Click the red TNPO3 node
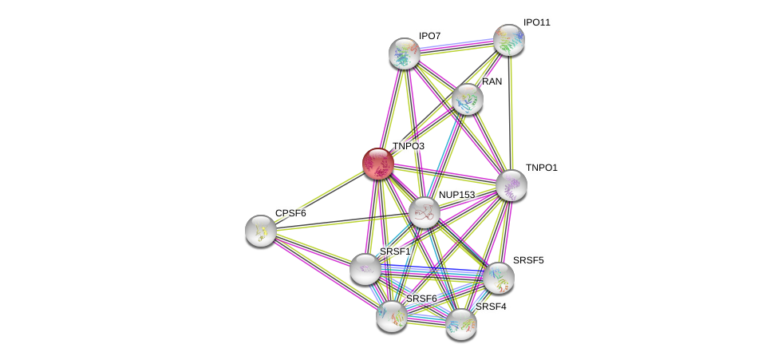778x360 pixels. point(377,163)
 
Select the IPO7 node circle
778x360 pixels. point(405,53)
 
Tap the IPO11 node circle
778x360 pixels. point(508,40)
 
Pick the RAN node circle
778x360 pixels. point(468,99)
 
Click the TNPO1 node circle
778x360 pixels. point(511,185)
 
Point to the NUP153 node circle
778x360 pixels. point(425,212)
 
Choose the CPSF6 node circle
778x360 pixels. point(261,231)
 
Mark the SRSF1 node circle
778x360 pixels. point(365,269)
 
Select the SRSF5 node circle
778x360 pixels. point(499,278)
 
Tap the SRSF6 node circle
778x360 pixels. point(392,315)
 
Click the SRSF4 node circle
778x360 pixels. point(461,323)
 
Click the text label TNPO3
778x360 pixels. point(409,146)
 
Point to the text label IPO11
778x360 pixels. point(536,22)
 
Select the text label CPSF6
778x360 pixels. point(290,213)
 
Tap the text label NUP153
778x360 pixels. point(456,195)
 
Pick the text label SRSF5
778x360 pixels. point(528,260)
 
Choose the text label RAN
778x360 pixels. point(492,81)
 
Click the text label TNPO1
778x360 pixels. point(541,168)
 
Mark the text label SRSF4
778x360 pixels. point(491,307)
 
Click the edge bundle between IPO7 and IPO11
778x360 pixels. point(456,46)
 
